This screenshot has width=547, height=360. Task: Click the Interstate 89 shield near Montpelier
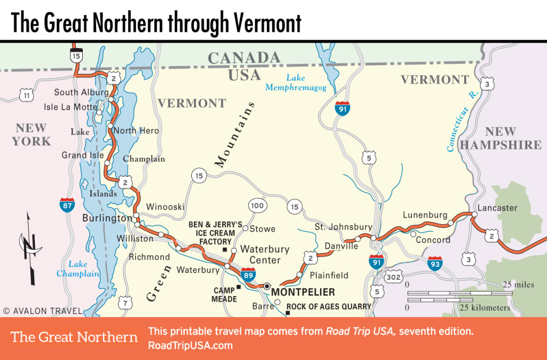(x=247, y=274)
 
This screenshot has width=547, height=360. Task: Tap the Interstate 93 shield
(x=434, y=263)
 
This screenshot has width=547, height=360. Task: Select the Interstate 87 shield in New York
(x=67, y=204)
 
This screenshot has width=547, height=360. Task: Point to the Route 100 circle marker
(x=257, y=205)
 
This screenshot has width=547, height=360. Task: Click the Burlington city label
(x=107, y=218)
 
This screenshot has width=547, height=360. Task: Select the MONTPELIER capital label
(x=303, y=292)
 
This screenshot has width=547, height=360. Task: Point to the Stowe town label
(x=262, y=229)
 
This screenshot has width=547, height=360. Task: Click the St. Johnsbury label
(x=343, y=226)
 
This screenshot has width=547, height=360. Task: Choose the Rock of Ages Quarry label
(x=329, y=307)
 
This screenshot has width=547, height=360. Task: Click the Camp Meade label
(x=224, y=295)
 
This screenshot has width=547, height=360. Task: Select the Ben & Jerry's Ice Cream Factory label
(x=212, y=233)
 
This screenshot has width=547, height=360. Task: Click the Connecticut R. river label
(x=462, y=121)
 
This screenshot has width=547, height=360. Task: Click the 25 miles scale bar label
(x=518, y=285)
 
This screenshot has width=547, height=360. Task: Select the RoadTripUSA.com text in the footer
(x=190, y=346)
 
